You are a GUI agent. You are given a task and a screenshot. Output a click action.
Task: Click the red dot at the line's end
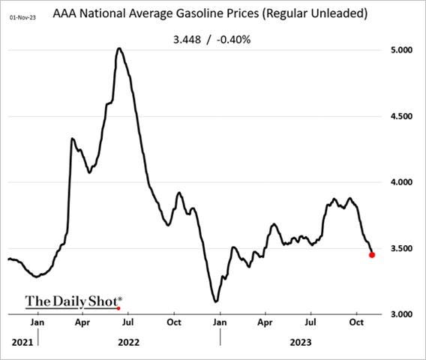point(373,255)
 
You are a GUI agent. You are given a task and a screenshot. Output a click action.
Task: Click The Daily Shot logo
point(73,301)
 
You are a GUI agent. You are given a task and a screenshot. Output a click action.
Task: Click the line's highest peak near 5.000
point(119,49)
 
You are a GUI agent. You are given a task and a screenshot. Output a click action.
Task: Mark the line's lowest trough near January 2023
point(216,301)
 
